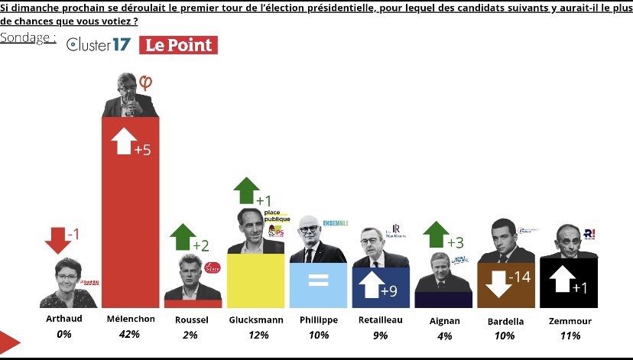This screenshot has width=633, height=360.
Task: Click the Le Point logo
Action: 178,45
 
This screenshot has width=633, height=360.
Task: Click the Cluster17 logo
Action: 99,45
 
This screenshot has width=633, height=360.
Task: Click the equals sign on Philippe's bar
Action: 318,280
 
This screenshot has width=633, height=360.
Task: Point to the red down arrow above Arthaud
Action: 58,239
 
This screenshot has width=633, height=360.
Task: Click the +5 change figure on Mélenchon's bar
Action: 142,151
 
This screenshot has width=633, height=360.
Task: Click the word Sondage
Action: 27,37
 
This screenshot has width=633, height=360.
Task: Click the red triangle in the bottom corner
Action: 9,343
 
